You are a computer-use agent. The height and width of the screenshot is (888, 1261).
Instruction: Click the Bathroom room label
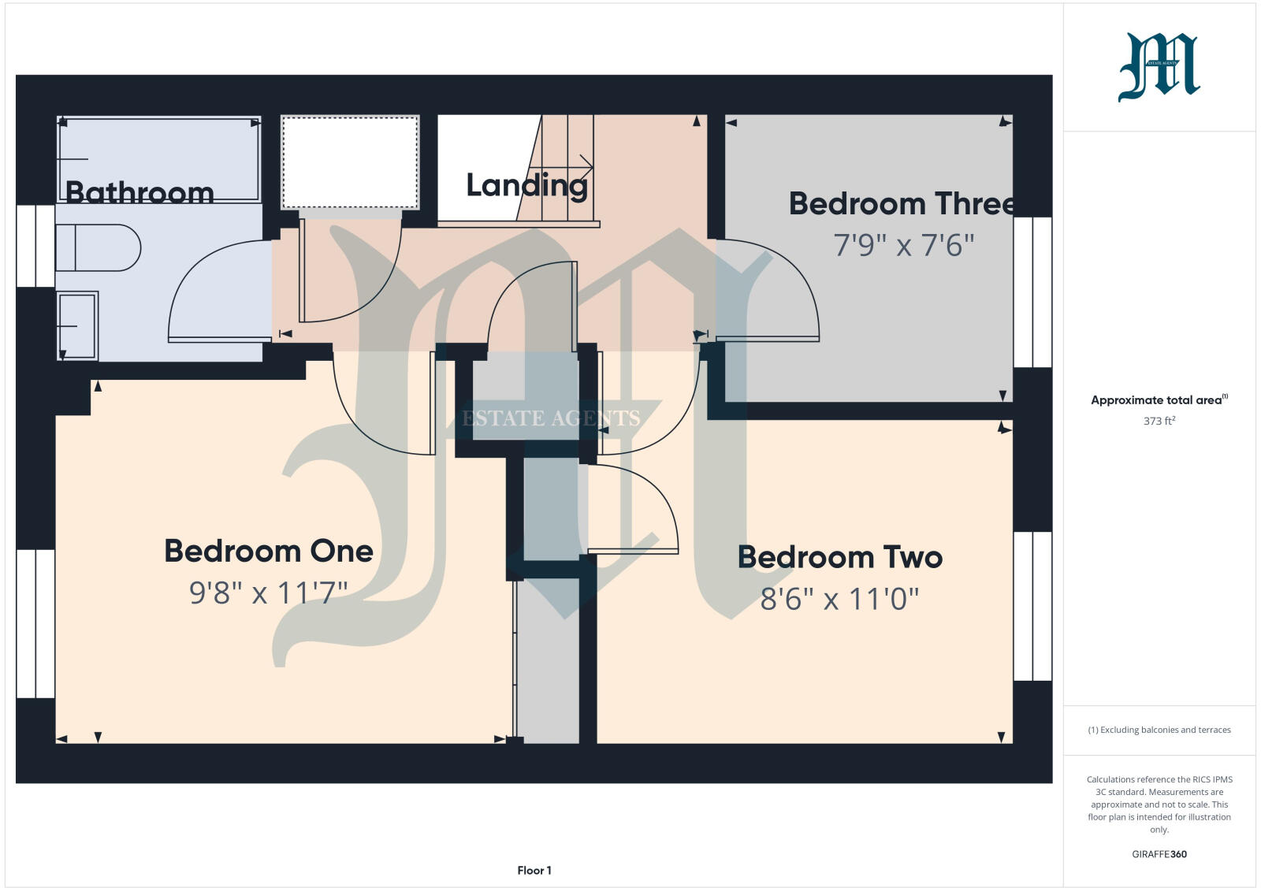(x=139, y=192)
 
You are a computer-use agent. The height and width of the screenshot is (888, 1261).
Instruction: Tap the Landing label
(x=526, y=186)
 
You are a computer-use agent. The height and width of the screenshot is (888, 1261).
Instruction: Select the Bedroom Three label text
(x=901, y=204)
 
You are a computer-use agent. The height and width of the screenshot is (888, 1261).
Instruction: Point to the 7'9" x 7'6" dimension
(x=904, y=246)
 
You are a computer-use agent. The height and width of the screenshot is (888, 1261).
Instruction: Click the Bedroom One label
(x=268, y=551)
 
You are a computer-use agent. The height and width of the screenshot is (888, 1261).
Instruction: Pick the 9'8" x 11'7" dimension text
(x=268, y=592)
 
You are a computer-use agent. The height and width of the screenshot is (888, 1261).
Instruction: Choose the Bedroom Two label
(x=839, y=557)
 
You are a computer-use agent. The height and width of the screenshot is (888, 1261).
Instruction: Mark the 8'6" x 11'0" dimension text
(x=839, y=599)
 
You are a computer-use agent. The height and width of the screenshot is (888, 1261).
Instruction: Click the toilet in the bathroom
(x=99, y=248)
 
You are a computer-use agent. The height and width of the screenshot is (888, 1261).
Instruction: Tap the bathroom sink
(x=77, y=325)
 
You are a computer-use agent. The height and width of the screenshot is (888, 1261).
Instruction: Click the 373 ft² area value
(x=1159, y=421)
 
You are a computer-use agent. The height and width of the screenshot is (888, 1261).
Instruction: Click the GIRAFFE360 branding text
(x=1159, y=854)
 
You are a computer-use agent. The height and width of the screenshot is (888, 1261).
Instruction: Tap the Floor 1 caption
(x=534, y=871)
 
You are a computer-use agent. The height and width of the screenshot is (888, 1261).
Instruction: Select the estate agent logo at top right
(x=1159, y=67)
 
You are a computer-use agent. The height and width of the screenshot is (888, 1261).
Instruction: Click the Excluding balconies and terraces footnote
(x=1159, y=730)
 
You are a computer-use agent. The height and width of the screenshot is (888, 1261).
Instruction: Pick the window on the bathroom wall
(x=35, y=246)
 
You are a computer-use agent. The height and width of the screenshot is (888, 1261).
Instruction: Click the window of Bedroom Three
(x=1032, y=292)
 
